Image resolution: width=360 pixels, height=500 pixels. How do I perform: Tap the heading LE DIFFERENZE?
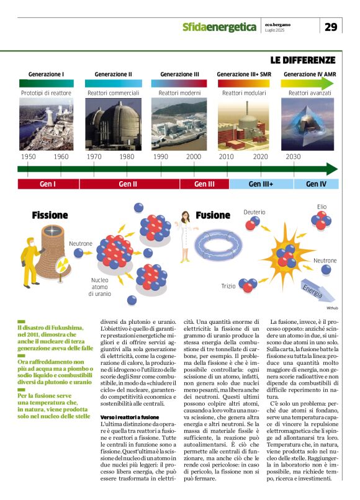coord(303,60)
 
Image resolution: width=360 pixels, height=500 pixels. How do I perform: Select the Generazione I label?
coord(46,74)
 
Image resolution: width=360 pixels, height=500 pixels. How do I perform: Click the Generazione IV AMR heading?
coord(309,74)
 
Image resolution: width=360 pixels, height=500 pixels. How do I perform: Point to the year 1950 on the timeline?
coord(28,156)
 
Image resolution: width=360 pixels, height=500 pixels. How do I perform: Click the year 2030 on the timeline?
coord(294,156)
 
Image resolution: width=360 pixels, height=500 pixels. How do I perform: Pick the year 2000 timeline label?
coord(194,156)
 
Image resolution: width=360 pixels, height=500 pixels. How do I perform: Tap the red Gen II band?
coord(128,184)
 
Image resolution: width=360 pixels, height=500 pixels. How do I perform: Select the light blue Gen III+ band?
coord(261,184)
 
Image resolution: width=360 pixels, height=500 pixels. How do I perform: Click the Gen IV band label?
coord(315,184)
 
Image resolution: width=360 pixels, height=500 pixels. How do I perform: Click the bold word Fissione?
coord(50,215)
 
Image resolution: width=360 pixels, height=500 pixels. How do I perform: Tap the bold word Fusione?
coord(213,215)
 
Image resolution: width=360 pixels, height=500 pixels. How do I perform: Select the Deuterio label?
coord(254,212)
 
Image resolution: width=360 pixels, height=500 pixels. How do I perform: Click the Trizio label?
coord(228,285)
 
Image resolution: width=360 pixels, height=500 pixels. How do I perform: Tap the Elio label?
coord(322,207)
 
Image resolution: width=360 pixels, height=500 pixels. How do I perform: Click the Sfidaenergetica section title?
coord(219,27)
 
